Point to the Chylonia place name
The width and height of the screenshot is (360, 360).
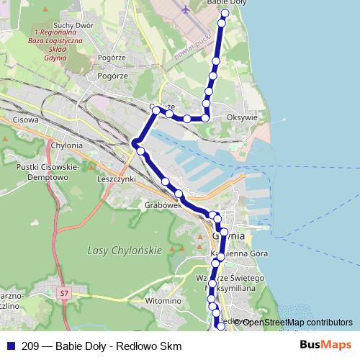pyautogui.click(x=67, y=145)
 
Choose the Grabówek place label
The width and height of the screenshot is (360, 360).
pyautogui.click(x=161, y=204)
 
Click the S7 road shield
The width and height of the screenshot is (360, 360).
pyautogui.click(x=65, y=293)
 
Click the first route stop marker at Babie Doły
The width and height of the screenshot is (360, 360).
pyautogui.click(x=225, y=13)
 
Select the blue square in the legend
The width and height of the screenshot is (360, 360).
pyautogui.click(x=9, y=346)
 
